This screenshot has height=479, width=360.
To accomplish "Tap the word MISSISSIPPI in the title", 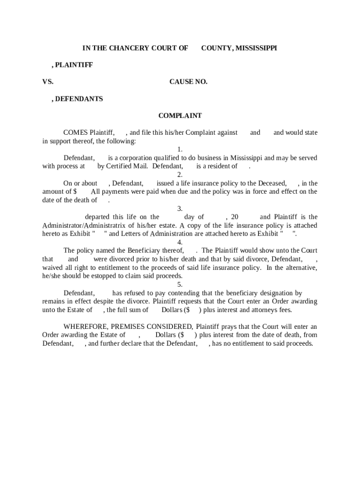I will click(255, 48).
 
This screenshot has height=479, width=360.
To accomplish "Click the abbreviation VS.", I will click(48, 82).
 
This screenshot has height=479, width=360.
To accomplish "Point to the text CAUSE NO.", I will click(188, 82).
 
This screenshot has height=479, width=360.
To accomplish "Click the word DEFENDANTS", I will click(79, 99).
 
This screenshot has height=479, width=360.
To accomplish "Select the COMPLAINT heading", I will click(180, 116).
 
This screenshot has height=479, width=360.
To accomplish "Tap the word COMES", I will click(75, 132).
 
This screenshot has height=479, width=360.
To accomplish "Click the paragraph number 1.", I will click(180, 149).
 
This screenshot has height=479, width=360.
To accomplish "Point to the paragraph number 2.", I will click(180, 175).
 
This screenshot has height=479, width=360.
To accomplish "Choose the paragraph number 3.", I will click(180, 209).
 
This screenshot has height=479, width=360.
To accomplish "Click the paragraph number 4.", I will click(180, 242).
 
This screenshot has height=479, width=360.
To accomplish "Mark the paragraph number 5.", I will click(180, 284).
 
